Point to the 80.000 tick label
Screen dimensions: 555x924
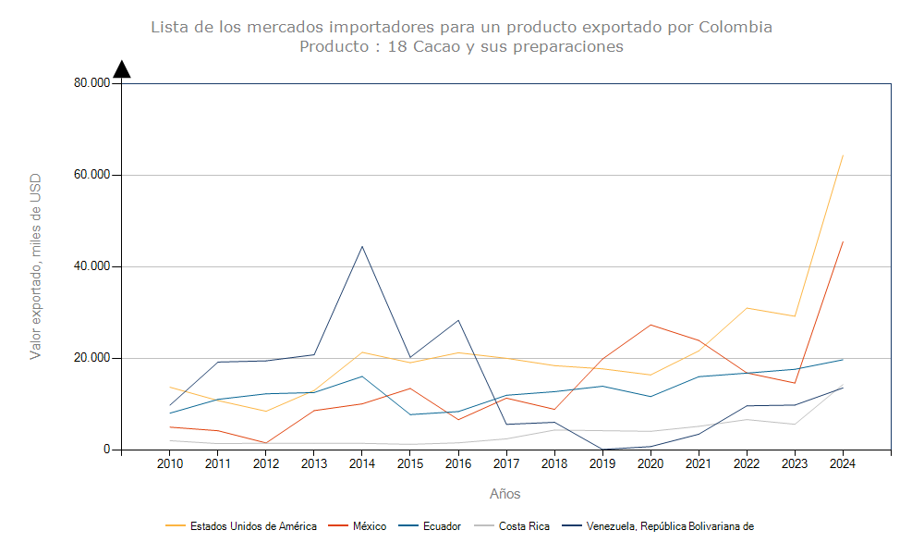point(92,83)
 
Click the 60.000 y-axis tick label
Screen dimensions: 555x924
point(92,175)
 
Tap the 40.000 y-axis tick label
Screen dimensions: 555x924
point(92,266)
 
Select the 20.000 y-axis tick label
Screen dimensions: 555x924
point(92,358)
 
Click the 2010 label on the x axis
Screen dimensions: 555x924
point(169,463)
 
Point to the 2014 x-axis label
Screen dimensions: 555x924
point(361,463)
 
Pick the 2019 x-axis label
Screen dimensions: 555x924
point(602,463)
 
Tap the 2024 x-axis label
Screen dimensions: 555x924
point(842,463)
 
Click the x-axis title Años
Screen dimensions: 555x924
point(505,494)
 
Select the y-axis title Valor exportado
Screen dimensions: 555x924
point(36,266)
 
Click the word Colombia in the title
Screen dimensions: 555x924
point(735,27)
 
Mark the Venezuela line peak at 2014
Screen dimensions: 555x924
point(361,246)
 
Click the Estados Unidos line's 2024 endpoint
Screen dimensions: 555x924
point(842,155)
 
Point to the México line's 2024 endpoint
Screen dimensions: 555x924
point(842,241)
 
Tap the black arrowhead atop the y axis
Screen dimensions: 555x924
point(122,69)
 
